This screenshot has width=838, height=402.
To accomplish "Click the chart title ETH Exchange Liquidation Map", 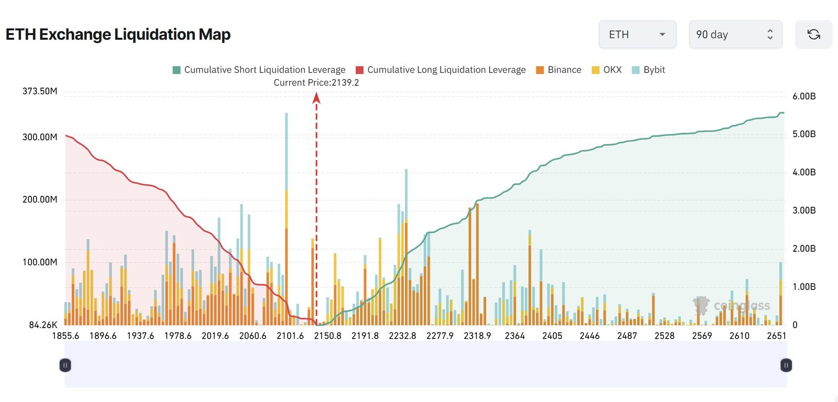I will (x=118, y=35).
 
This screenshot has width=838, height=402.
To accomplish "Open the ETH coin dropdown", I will (x=637, y=35).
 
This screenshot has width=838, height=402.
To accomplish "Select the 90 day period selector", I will (x=735, y=35).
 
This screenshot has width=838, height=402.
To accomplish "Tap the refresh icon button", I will (x=813, y=35).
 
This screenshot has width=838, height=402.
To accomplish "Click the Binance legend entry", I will (x=558, y=70).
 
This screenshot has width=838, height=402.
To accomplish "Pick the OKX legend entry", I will (x=607, y=70).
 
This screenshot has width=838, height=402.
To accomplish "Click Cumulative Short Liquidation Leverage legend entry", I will (x=259, y=70).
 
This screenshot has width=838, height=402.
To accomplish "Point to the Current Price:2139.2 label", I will (x=316, y=83).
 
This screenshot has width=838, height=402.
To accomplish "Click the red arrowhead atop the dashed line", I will (x=316, y=98).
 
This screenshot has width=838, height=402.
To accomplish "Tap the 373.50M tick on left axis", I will (x=40, y=91).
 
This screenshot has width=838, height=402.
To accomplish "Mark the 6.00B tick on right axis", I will (x=803, y=96).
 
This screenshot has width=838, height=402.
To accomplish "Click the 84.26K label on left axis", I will (x=43, y=325).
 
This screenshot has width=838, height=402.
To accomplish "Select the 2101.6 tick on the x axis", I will (x=290, y=336).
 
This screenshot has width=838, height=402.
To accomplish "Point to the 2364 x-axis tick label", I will (x=514, y=336).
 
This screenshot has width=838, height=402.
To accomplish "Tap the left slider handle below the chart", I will (x=65, y=365).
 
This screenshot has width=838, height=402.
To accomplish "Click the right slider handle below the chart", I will (x=786, y=365).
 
